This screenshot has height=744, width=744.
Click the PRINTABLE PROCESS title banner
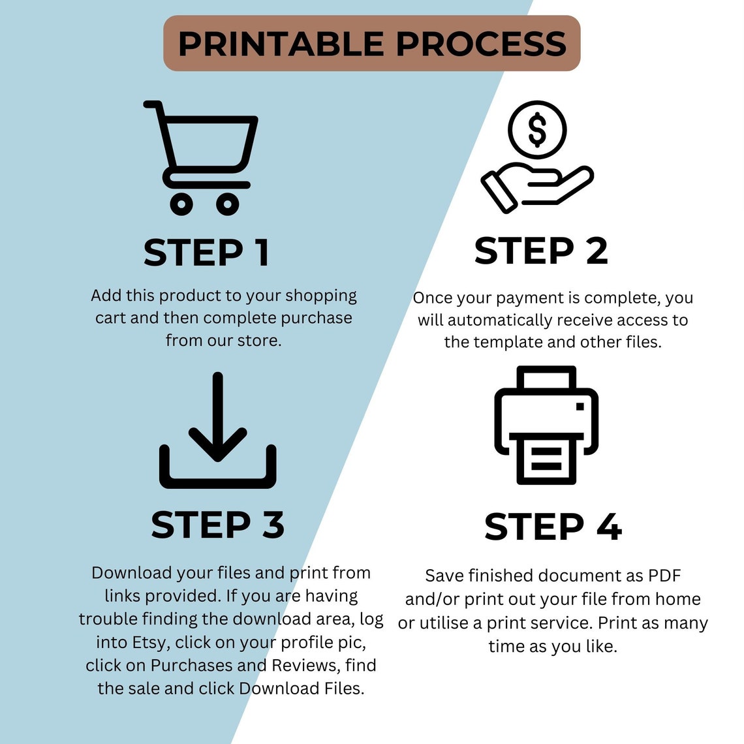pos(371,43)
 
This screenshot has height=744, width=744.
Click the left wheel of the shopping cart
pos(181,204)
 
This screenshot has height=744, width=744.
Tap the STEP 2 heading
pos(541,251)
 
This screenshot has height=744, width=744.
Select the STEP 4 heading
pos(553,526)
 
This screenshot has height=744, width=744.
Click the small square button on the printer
pos(580,406)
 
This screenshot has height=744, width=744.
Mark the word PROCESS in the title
pos(481,44)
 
